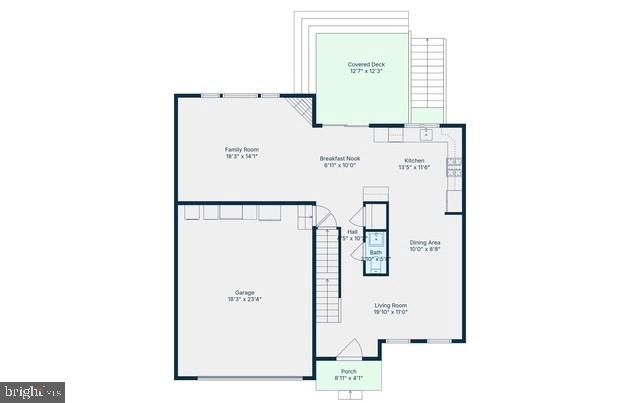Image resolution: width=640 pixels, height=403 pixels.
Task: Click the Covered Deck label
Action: pyautogui.click(x=367, y=65)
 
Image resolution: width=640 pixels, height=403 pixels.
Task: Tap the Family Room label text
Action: pyautogui.click(x=241, y=150)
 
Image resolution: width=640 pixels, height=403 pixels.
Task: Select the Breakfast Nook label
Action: pyautogui.click(x=340, y=159)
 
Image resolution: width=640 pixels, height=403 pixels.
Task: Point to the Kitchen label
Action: pyautogui.click(x=415, y=161)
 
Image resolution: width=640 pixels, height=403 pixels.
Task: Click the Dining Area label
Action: pyautogui.click(x=425, y=243)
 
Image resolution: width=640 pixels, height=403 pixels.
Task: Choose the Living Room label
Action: pyautogui.click(x=390, y=306)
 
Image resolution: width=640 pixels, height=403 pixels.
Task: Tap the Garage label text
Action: pyautogui.click(x=245, y=293)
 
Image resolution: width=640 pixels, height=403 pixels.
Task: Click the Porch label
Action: pyautogui.click(x=348, y=371)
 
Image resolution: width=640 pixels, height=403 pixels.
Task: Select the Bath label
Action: pyautogui.click(x=375, y=252)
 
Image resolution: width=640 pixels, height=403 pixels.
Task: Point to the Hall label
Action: pyautogui.click(x=353, y=231)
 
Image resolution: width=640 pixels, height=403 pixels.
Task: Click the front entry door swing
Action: pyautogui.click(x=348, y=349)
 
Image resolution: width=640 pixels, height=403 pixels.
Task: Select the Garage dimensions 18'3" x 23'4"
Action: pyautogui.click(x=245, y=299)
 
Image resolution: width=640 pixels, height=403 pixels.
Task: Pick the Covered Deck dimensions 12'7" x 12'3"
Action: pyautogui.click(x=367, y=71)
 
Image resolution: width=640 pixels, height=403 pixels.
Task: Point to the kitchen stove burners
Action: pyautogui.click(x=455, y=166)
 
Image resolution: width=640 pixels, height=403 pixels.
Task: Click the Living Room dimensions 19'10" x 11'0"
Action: pyautogui.click(x=390, y=312)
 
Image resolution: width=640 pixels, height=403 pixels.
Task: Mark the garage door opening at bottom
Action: pyautogui.click(x=250, y=377)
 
